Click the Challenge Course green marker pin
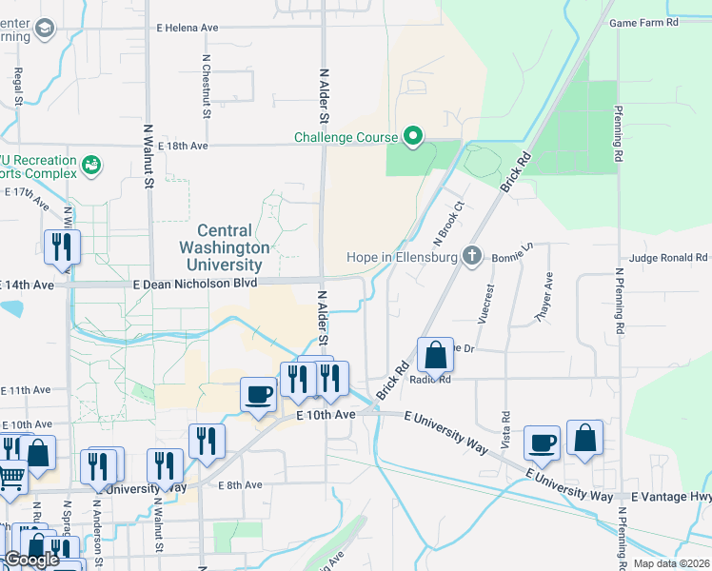(x=413, y=138)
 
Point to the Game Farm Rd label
(x=643, y=22)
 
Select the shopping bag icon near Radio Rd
(x=435, y=357)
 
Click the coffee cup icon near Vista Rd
(x=542, y=442)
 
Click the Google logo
(x=31, y=560)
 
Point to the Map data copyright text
(x=670, y=563)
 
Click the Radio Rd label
(x=429, y=379)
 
